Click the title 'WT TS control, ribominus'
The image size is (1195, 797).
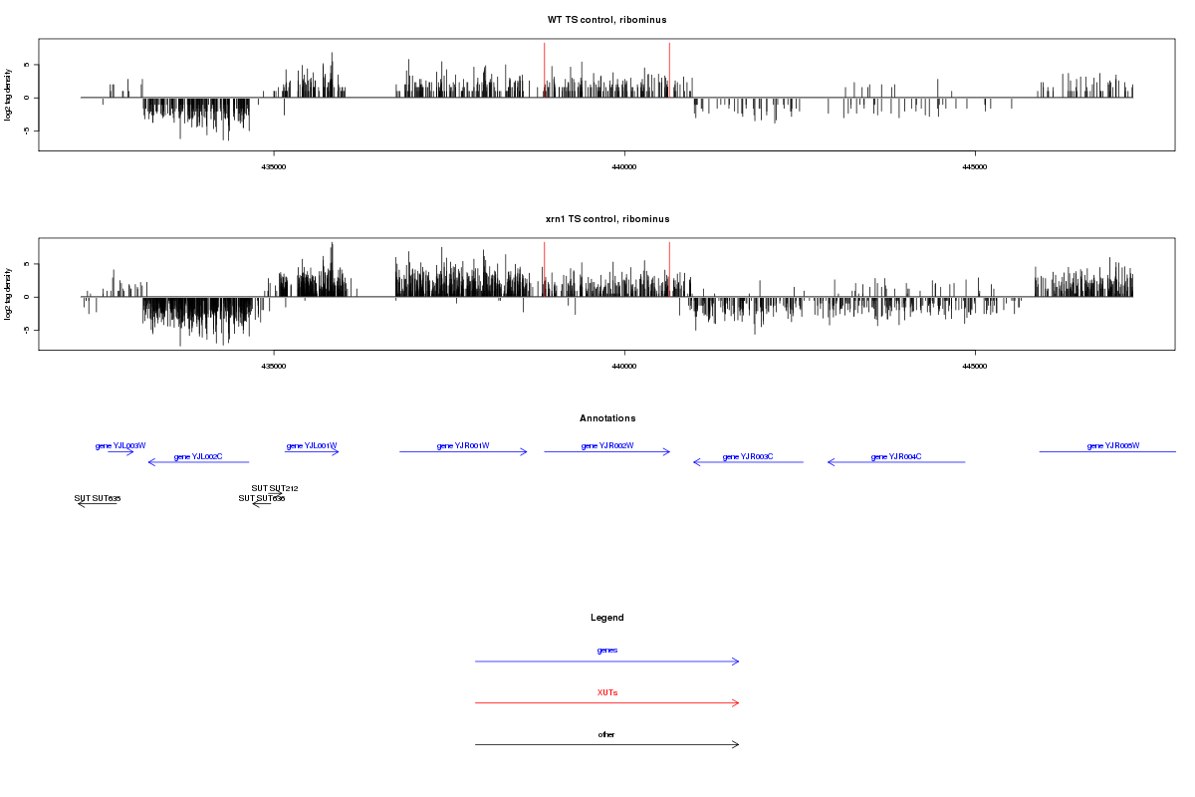(606, 20)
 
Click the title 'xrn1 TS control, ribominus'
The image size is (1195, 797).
(606, 219)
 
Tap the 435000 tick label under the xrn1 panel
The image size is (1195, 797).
(274, 367)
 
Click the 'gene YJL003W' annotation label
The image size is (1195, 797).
(120, 445)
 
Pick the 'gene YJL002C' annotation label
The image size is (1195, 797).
(198, 456)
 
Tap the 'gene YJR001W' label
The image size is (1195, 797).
(463, 445)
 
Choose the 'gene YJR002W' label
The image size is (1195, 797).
(607, 445)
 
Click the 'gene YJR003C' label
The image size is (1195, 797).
(748, 456)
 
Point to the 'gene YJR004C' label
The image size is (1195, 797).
(896, 456)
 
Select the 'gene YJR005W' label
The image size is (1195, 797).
(1113, 445)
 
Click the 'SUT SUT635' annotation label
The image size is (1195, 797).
(98, 498)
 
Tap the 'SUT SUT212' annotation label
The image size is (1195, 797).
(275, 488)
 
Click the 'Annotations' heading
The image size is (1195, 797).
(607, 418)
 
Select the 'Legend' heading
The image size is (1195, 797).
(607, 618)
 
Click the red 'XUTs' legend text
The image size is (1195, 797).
(607, 692)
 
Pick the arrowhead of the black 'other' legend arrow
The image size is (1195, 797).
(737, 744)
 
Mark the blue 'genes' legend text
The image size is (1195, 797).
(607, 650)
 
